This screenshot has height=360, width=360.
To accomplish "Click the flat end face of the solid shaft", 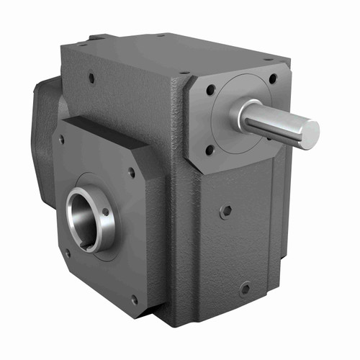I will coord(310,134).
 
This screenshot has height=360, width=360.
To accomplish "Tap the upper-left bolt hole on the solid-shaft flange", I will coord(210,91).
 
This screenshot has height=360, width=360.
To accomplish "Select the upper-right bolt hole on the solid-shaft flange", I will coord(272,78).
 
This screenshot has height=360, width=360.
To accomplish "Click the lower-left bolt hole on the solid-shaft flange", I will coord(210,150).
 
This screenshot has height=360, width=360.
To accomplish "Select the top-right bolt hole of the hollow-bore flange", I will coord(131,172).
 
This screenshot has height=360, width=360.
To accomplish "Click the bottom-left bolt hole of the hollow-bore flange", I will coord(67,253).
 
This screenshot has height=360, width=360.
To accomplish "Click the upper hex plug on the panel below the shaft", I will coord(226,212).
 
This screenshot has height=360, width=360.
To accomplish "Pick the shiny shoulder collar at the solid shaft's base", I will coord(240,114).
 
